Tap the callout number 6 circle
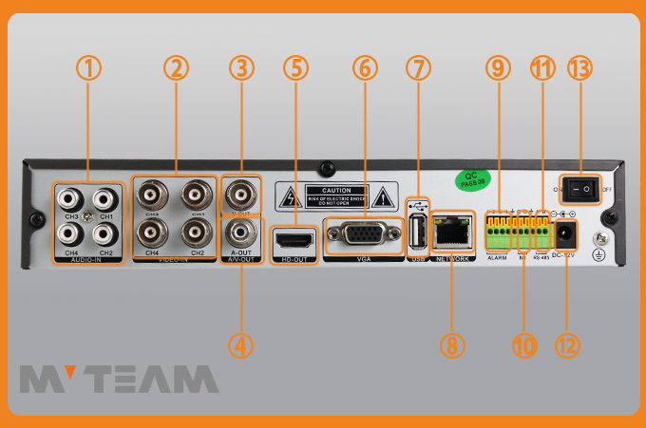365,68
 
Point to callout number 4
242,345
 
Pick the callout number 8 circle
452,345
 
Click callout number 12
567,345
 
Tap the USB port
417,230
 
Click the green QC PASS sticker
469,177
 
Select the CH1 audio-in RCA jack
105,199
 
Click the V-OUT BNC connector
241,196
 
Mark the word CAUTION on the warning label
336,191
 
